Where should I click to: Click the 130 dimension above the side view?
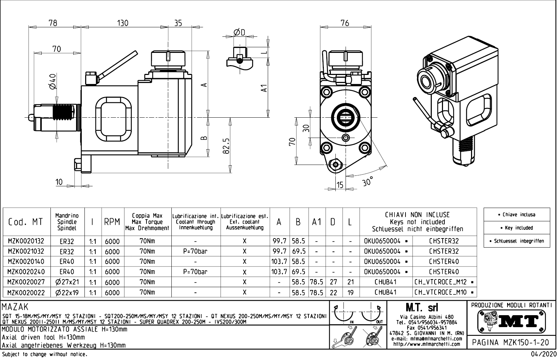pyautogui.click(x=123, y=23)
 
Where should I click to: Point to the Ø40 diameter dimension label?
pyautogui.click(x=52, y=82)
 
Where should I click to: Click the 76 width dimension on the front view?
pyautogui.click(x=345, y=23)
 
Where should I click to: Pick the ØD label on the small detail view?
pyautogui.click(x=239, y=32)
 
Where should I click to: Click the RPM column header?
pyautogui.click(x=112, y=222)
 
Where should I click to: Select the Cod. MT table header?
pyautogui.click(x=26, y=222)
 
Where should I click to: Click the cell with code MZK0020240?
pyautogui.click(x=26, y=272)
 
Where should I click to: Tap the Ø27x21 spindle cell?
pyautogui.click(x=67, y=282)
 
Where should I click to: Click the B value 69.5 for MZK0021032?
pyautogui.click(x=299, y=251)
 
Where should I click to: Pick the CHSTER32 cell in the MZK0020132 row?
pyautogui.click(x=444, y=241)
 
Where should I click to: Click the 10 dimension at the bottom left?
pyautogui.click(x=59, y=182)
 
